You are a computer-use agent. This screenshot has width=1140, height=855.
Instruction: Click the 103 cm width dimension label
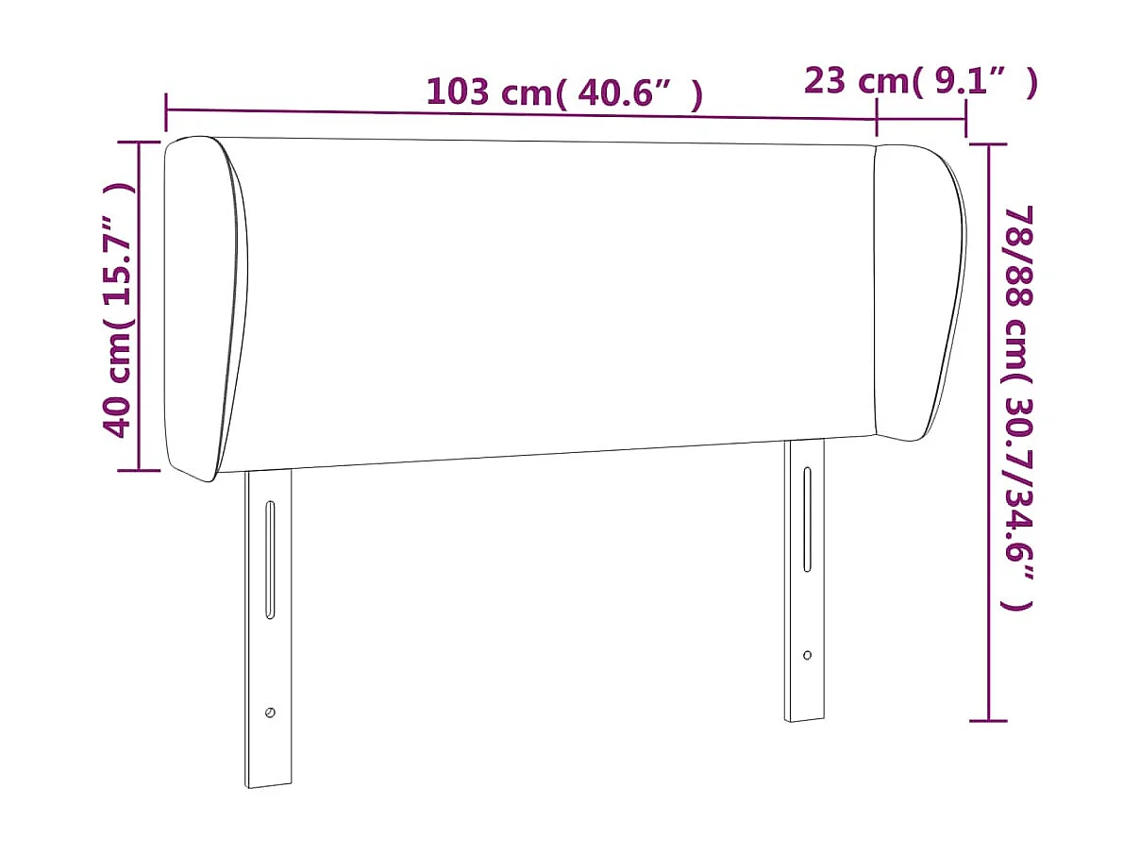coord(563,92)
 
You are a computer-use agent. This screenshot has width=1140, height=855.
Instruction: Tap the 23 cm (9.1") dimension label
coord(920,82)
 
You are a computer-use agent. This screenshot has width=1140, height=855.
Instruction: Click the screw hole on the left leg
coord(270,712)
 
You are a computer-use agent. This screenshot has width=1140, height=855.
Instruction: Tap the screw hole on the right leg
coord(807,654)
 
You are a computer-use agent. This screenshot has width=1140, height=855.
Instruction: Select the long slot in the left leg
coord(270,561)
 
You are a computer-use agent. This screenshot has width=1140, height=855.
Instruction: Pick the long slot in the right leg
coord(807,519)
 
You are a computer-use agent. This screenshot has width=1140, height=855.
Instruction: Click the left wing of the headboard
coord(205,307)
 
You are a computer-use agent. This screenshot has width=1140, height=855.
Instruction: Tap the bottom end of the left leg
coord(269,782)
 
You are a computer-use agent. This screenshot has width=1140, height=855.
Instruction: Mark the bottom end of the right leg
coord(804,718)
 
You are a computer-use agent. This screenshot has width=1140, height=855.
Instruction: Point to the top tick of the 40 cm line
coord(139,142)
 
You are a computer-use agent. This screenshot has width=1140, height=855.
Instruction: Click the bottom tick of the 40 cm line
coord(139,469)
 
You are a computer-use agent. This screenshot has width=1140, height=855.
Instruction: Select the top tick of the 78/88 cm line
coord(988,145)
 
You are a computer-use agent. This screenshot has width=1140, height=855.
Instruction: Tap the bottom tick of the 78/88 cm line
coord(988,721)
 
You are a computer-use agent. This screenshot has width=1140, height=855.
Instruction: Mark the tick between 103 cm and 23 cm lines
coord(877,117)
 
